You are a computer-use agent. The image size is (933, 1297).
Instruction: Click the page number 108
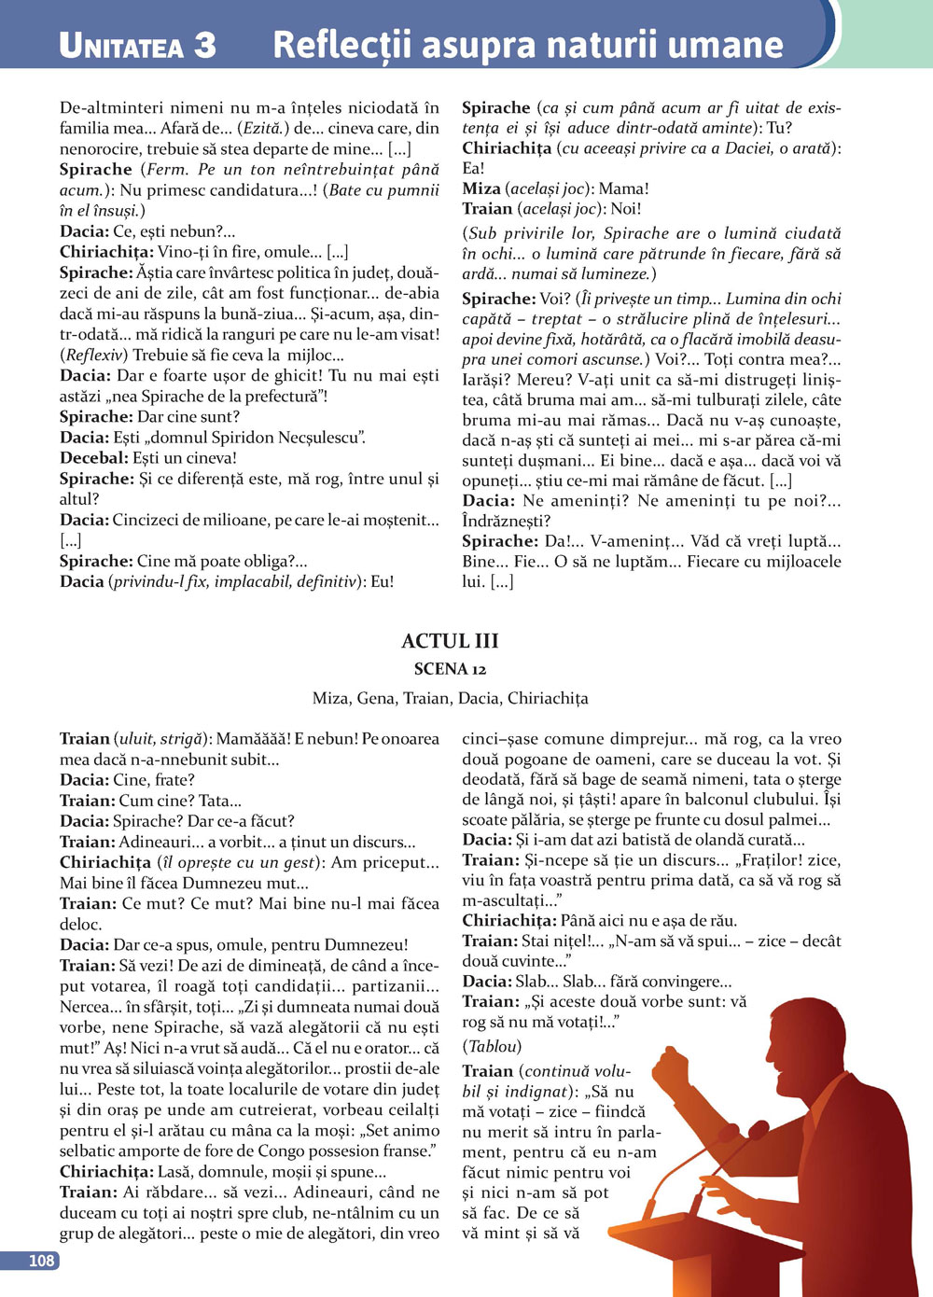41,1261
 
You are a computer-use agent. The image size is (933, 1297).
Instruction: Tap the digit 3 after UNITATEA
204,46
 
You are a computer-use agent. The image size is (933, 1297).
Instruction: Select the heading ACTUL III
450,641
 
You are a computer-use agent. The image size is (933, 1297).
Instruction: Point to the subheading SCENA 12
450,669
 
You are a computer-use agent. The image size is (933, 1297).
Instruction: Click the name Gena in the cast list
376,698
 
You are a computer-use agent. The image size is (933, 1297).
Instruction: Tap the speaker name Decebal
93,458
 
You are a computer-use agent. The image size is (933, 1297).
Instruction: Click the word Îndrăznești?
507,521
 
